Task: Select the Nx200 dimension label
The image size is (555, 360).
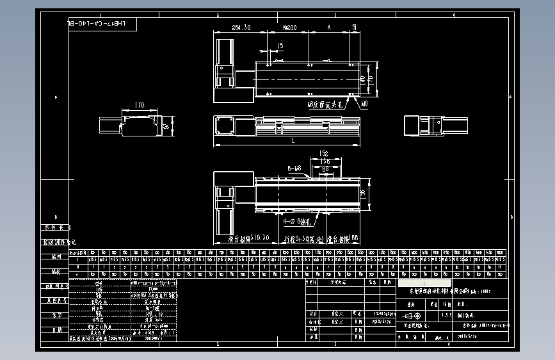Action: pyautogui.click(x=289, y=28)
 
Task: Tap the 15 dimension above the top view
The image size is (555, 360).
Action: pyautogui.click(x=280, y=45)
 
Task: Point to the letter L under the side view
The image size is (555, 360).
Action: pyautogui.click(x=293, y=140)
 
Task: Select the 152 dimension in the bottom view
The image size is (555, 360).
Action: pyautogui.click(x=323, y=154)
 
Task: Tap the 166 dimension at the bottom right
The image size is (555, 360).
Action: pyautogui.click(x=353, y=238)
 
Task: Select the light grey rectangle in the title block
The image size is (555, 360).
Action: pyautogui.click(x=424, y=282)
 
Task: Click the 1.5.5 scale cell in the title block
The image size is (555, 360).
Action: pyautogui.click(x=446, y=316)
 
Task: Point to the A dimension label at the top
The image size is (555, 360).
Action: pyautogui.click(x=329, y=28)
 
